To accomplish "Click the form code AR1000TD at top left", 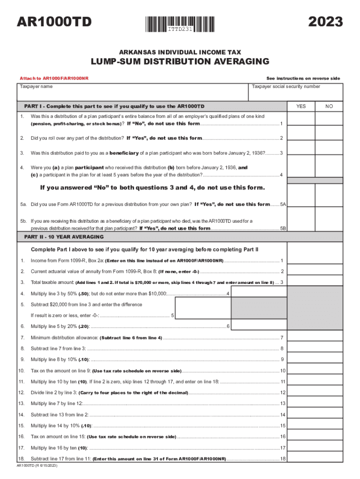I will [54, 22].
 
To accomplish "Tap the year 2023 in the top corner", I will [326, 22].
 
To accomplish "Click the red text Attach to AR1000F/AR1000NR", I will [54, 78].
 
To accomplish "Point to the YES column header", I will [301, 106].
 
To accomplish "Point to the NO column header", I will [329, 106].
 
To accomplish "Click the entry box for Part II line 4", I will [258, 293].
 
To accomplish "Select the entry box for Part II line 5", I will [203, 309].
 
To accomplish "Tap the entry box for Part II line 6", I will [258, 326].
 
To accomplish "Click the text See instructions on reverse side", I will [303, 78].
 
